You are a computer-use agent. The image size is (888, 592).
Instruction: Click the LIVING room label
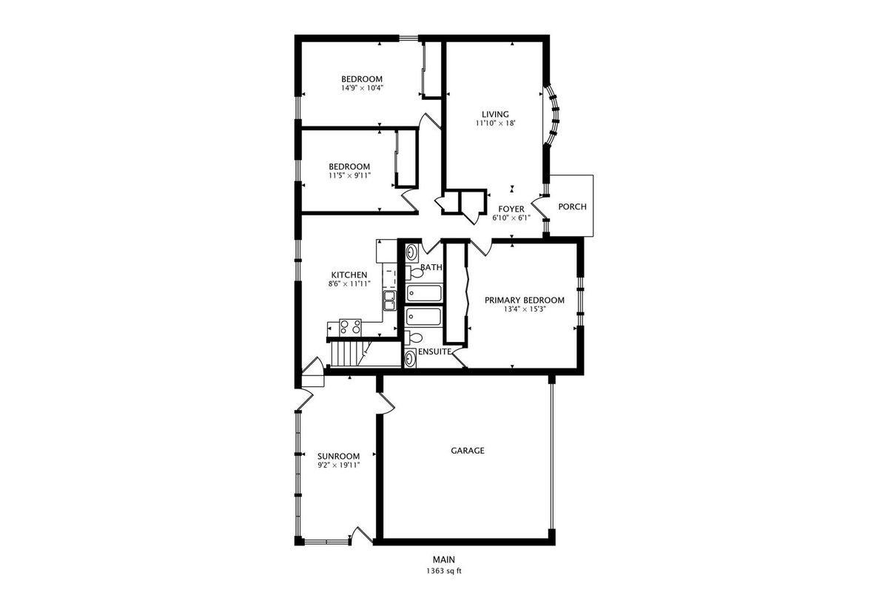tap(495, 115)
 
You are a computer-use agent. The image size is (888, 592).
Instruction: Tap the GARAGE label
tap(468, 451)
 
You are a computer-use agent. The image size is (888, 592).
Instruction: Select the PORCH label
tap(572, 206)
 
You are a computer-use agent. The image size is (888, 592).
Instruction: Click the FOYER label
tap(511, 209)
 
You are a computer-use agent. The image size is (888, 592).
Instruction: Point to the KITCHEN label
tap(349, 275)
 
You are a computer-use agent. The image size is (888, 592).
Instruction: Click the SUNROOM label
tap(339, 457)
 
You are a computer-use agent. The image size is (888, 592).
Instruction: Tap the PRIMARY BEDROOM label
tap(525, 300)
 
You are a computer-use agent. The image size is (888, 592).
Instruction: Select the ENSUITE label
tap(434, 351)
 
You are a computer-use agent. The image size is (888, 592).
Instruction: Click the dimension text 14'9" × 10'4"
tap(362, 88)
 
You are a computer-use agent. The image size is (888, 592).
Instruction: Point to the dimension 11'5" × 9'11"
tap(349, 175)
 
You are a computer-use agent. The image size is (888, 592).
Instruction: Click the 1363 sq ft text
tap(444, 571)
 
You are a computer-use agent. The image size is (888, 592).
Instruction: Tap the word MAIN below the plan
tap(443, 559)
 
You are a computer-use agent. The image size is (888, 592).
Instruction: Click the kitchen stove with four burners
tap(351, 328)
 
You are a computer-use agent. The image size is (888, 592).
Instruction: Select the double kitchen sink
tap(389, 300)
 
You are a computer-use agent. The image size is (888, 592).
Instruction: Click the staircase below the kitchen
tap(348, 354)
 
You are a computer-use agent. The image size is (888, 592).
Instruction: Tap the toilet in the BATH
tap(414, 273)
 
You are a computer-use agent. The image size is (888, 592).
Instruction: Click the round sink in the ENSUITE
tap(410, 359)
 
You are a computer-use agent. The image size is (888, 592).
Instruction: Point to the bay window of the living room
tap(551, 115)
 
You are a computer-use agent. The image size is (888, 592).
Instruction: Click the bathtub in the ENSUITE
tap(423, 317)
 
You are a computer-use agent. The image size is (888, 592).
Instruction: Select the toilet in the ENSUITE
tap(414, 338)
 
